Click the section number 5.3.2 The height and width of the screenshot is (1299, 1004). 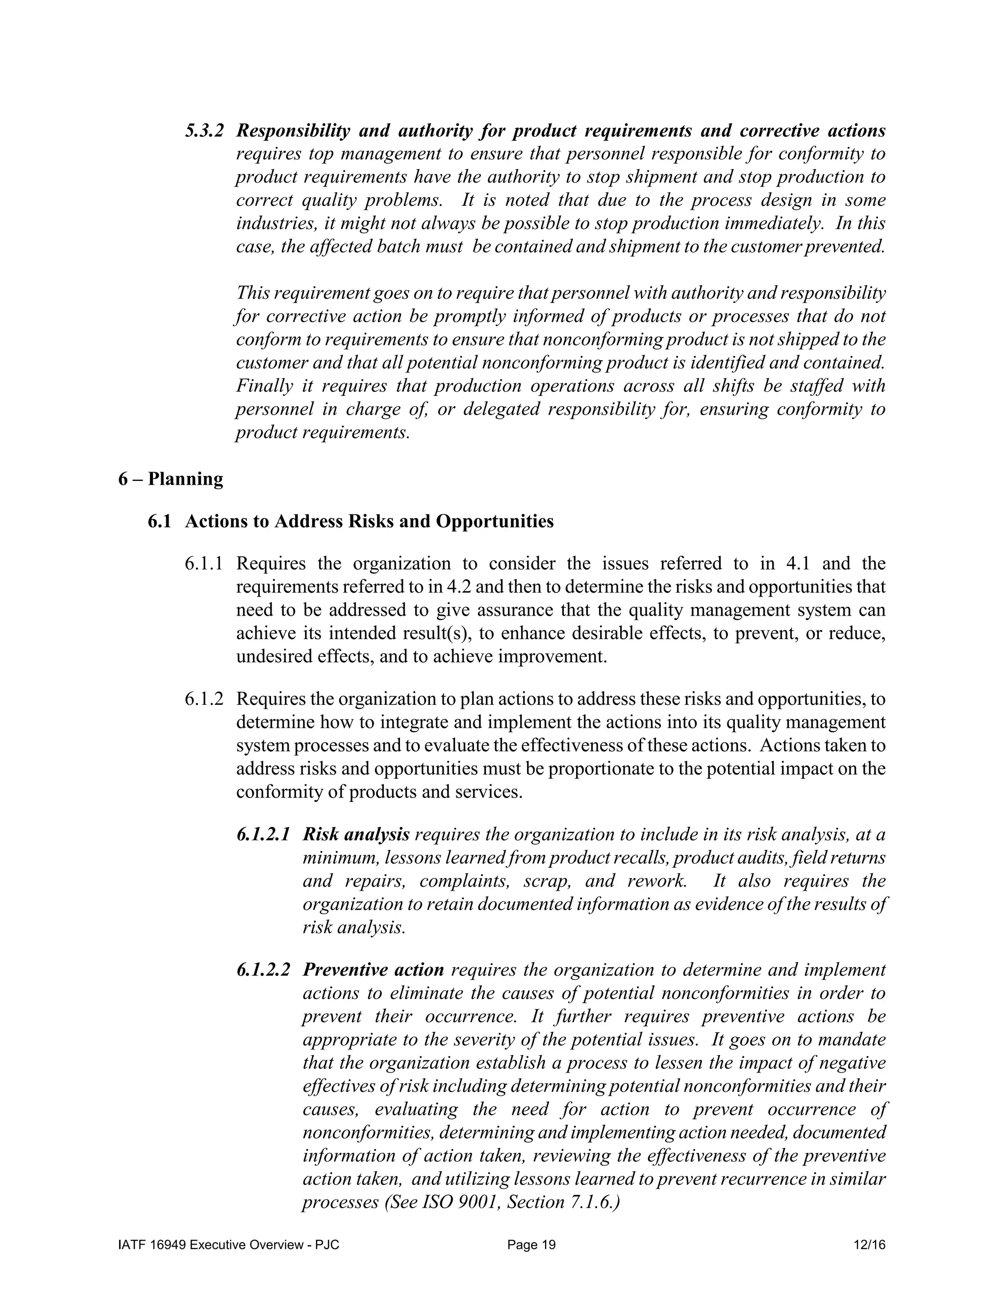point(203,131)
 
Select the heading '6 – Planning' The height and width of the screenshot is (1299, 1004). point(171,479)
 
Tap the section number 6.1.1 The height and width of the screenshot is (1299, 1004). point(203,563)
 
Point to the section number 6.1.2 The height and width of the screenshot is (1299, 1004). point(203,699)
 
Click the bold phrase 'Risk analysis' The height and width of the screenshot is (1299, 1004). point(356,834)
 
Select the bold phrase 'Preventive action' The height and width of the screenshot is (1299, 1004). point(373,970)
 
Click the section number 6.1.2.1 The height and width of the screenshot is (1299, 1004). point(263,834)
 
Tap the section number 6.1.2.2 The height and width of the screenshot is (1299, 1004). point(263,970)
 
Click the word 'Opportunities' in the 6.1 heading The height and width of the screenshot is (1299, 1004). point(494,522)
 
